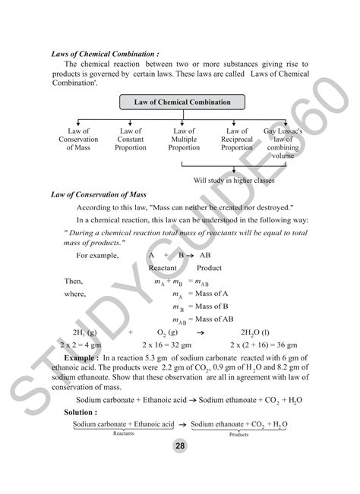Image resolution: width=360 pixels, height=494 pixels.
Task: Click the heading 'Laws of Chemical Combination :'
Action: click(105, 55)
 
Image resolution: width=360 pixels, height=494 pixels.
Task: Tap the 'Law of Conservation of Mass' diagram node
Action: click(78, 140)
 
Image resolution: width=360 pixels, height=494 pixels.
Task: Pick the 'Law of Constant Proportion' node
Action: click(131, 140)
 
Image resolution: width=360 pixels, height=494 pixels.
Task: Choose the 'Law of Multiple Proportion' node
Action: click(184, 140)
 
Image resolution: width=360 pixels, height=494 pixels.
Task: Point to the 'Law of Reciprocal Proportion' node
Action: click(236, 140)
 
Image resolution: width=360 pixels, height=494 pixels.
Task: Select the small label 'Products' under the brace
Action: click(238, 434)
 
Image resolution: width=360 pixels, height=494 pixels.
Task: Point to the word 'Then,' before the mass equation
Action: click(74, 280)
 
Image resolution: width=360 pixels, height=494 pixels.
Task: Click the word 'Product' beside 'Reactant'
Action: click(209, 268)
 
